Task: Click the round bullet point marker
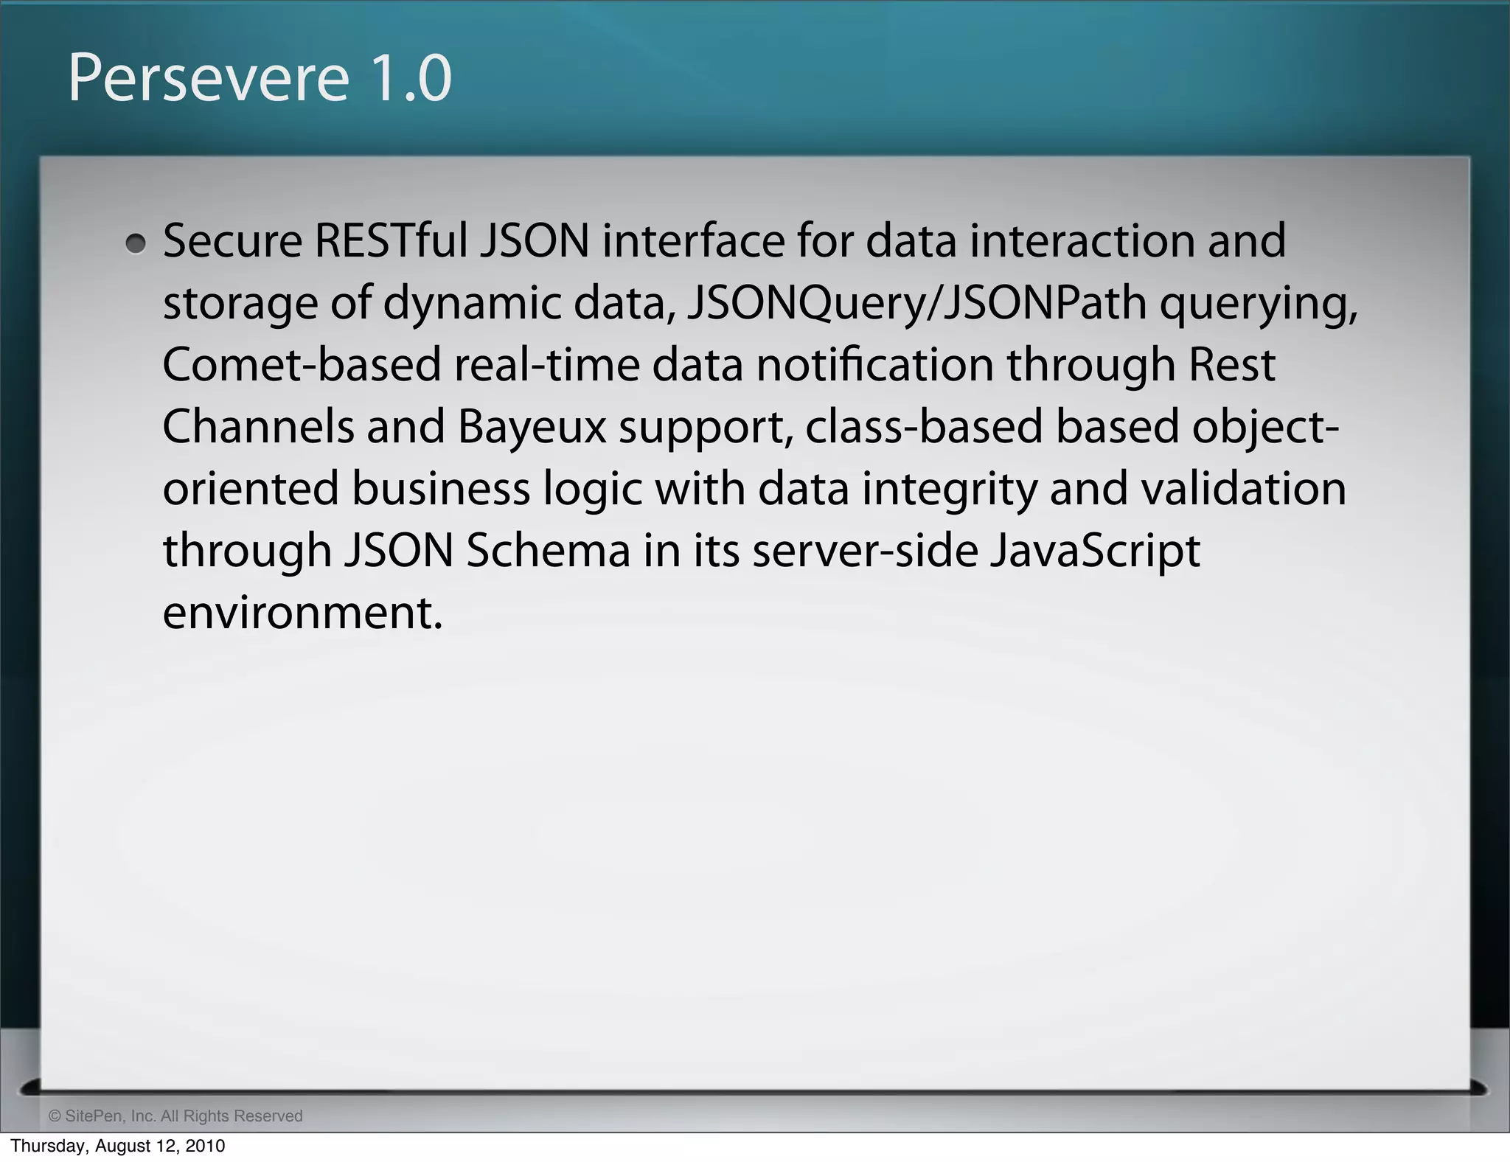point(136,243)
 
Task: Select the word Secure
point(232,241)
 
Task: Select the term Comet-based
point(301,365)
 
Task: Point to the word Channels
point(258,427)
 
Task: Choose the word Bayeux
point(532,428)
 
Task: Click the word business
point(440,489)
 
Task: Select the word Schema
point(548,551)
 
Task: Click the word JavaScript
point(1094,552)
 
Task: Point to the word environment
point(302,613)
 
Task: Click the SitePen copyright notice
point(175,1116)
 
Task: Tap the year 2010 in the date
point(203,1146)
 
